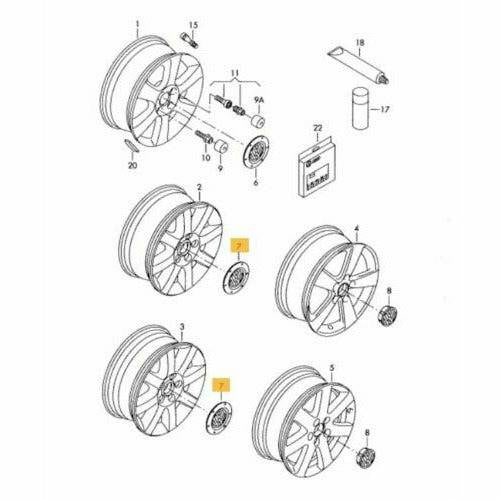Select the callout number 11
coord(236,75)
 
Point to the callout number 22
coord(318,129)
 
